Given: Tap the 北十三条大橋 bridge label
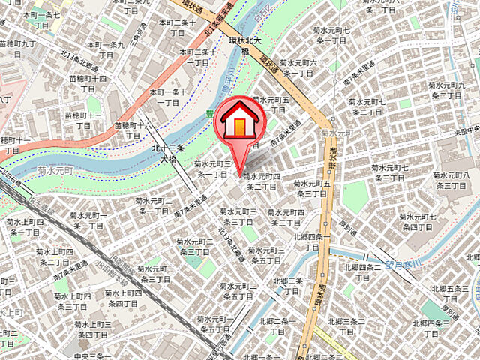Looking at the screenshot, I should click(x=163, y=154).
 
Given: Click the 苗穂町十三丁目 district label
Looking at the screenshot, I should click(x=83, y=121).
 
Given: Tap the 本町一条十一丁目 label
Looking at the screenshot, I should click(x=167, y=96).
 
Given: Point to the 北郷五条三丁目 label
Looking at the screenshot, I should click(x=450, y=293).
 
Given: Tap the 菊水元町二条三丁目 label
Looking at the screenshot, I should click(x=193, y=246).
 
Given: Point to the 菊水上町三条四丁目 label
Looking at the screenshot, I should click(x=91, y=328).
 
